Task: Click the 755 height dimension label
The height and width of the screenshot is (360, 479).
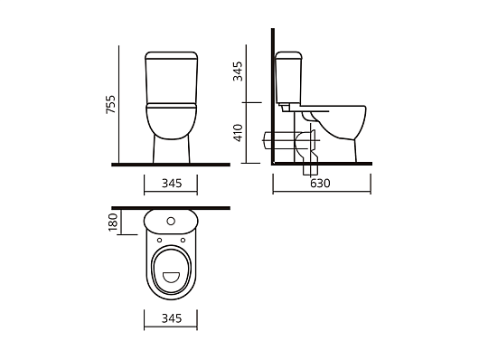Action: [x=111, y=104]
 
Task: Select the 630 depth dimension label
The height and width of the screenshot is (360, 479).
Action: [x=320, y=184]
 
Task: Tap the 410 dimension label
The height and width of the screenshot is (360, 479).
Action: [x=238, y=133]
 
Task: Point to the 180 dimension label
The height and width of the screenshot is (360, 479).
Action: [x=113, y=223]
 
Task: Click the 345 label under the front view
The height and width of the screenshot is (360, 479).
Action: [x=172, y=184]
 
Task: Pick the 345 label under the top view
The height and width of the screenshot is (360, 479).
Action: [x=172, y=318]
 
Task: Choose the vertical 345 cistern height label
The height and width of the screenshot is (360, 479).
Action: [x=238, y=71]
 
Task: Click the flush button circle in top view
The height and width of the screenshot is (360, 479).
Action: [x=171, y=221]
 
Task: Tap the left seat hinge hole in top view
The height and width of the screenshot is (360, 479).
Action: [x=159, y=240]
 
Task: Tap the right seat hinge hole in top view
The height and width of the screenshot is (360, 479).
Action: [x=183, y=240]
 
